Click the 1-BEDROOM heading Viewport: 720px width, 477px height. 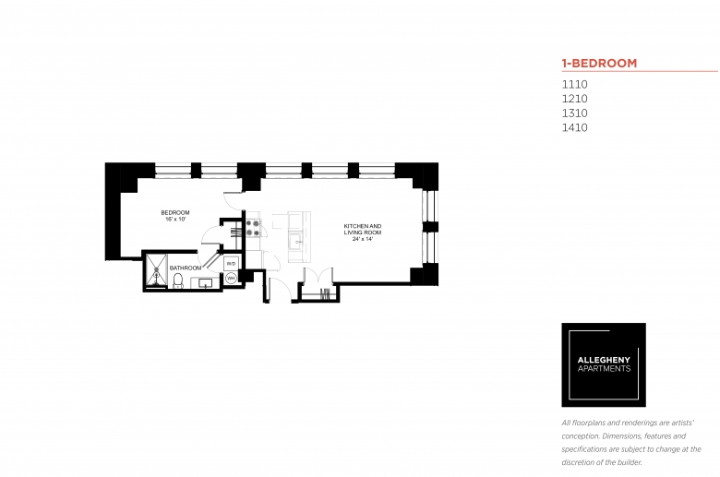point(599,63)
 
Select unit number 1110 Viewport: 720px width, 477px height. point(574,85)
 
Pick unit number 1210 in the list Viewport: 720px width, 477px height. point(574,99)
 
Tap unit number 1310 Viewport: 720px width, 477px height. point(574,113)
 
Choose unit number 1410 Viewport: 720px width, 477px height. point(574,127)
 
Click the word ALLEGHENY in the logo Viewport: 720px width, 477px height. point(604,360)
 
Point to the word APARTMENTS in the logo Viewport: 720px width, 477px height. point(604,368)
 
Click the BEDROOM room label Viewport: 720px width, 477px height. point(175,212)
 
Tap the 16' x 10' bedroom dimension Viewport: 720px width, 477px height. point(175,219)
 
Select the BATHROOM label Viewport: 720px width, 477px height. point(186,268)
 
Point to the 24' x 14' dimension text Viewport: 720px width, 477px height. point(362,239)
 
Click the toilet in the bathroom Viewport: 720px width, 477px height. point(178,280)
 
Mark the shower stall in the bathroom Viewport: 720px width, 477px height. point(157,271)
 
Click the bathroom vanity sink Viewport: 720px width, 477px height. point(205,283)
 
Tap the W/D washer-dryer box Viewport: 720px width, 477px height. point(231,264)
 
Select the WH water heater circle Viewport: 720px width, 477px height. point(231,279)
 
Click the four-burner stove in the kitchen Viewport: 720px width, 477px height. point(253,228)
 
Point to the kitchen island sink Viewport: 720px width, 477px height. point(296,239)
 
